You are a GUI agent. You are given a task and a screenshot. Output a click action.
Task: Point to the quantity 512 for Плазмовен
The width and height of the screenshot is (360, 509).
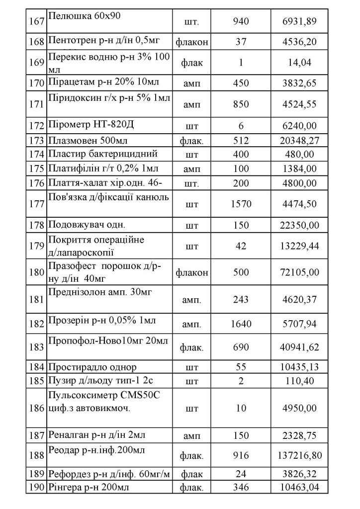click(x=240, y=141)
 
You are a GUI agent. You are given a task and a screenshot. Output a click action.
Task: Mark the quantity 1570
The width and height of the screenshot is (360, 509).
click(x=240, y=203)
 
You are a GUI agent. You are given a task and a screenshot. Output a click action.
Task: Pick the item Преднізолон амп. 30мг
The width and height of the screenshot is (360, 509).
click(x=99, y=292)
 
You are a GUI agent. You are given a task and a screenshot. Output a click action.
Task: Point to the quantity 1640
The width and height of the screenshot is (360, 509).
click(x=240, y=325)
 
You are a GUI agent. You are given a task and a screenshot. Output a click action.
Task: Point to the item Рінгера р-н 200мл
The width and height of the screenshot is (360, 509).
click(x=88, y=487)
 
